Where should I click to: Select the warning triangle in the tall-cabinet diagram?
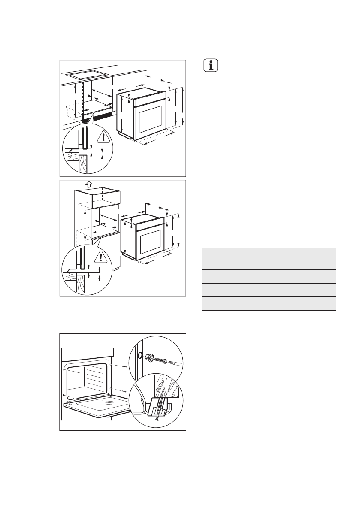(x=101, y=257)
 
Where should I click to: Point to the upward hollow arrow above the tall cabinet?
(x=88, y=184)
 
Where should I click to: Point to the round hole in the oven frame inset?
(x=139, y=355)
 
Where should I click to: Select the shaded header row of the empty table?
(x=268, y=258)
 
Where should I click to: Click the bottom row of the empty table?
(x=268, y=303)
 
